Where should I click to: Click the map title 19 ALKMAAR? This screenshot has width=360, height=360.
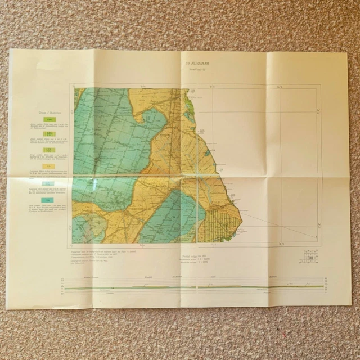pos(196,64)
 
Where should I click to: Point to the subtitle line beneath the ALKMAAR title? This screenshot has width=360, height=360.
pos(196,69)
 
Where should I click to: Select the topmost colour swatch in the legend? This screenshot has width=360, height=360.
pos(49,120)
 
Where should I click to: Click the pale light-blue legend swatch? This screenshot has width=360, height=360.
pos(49,183)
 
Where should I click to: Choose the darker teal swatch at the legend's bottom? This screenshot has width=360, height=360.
pos(49,199)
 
